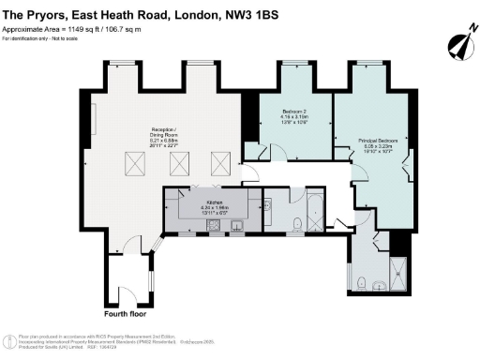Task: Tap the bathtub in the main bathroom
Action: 314,211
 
